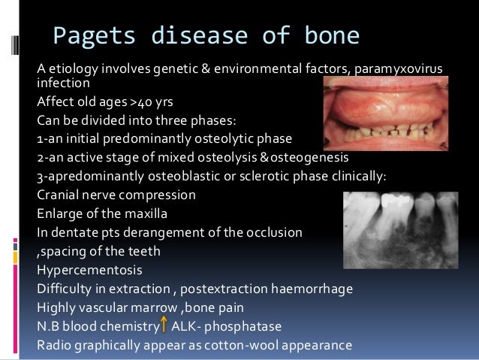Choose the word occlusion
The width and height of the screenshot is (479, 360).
pos(274,233)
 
